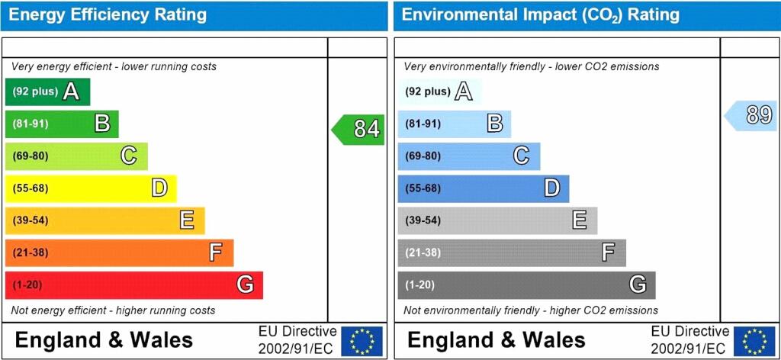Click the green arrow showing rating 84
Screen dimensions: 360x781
tap(358, 130)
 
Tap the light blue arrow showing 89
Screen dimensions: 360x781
tap(750, 116)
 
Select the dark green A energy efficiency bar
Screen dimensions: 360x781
tap(47, 92)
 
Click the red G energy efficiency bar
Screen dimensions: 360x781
tap(133, 285)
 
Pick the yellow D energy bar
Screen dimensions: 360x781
tap(90, 188)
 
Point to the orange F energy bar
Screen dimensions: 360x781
tap(119, 252)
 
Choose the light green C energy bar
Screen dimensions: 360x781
tap(76, 156)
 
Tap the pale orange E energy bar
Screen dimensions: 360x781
tap(104, 220)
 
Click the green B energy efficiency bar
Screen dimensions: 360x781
tap(62, 124)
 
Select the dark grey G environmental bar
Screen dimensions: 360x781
tap(526, 285)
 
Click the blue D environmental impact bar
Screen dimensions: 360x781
tap(483, 188)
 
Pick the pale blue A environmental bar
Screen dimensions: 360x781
tap(439, 92)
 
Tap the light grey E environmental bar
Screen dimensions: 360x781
tap(497, 220)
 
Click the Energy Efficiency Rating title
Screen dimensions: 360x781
tap(108, 14)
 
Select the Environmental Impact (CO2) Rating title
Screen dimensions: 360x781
tap(540, 14)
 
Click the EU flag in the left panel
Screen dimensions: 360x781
tap(362, 341)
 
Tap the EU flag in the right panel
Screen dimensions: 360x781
tap(754, 341)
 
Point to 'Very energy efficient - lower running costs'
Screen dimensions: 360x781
tap(114, 66)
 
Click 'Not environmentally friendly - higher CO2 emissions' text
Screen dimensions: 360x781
tap(531, 310)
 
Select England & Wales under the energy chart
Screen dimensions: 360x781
tap(104, 340)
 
